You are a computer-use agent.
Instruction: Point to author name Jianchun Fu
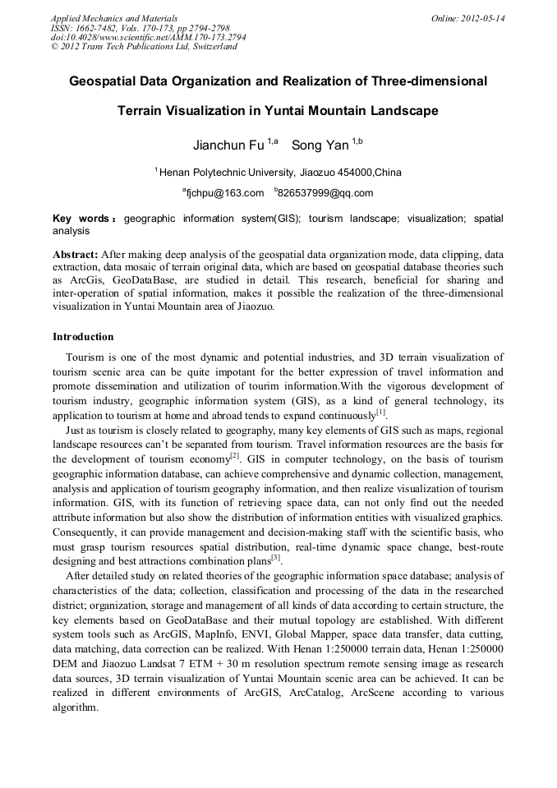(x=228, y=145)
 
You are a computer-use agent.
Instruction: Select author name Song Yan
(x=320, y=145)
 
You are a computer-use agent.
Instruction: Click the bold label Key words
(x=81, y=219)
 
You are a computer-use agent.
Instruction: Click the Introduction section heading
(x=83, y=337)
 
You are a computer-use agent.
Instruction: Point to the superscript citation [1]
(x=381, y=411)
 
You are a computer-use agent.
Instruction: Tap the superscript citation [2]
(x=235, y=455)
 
